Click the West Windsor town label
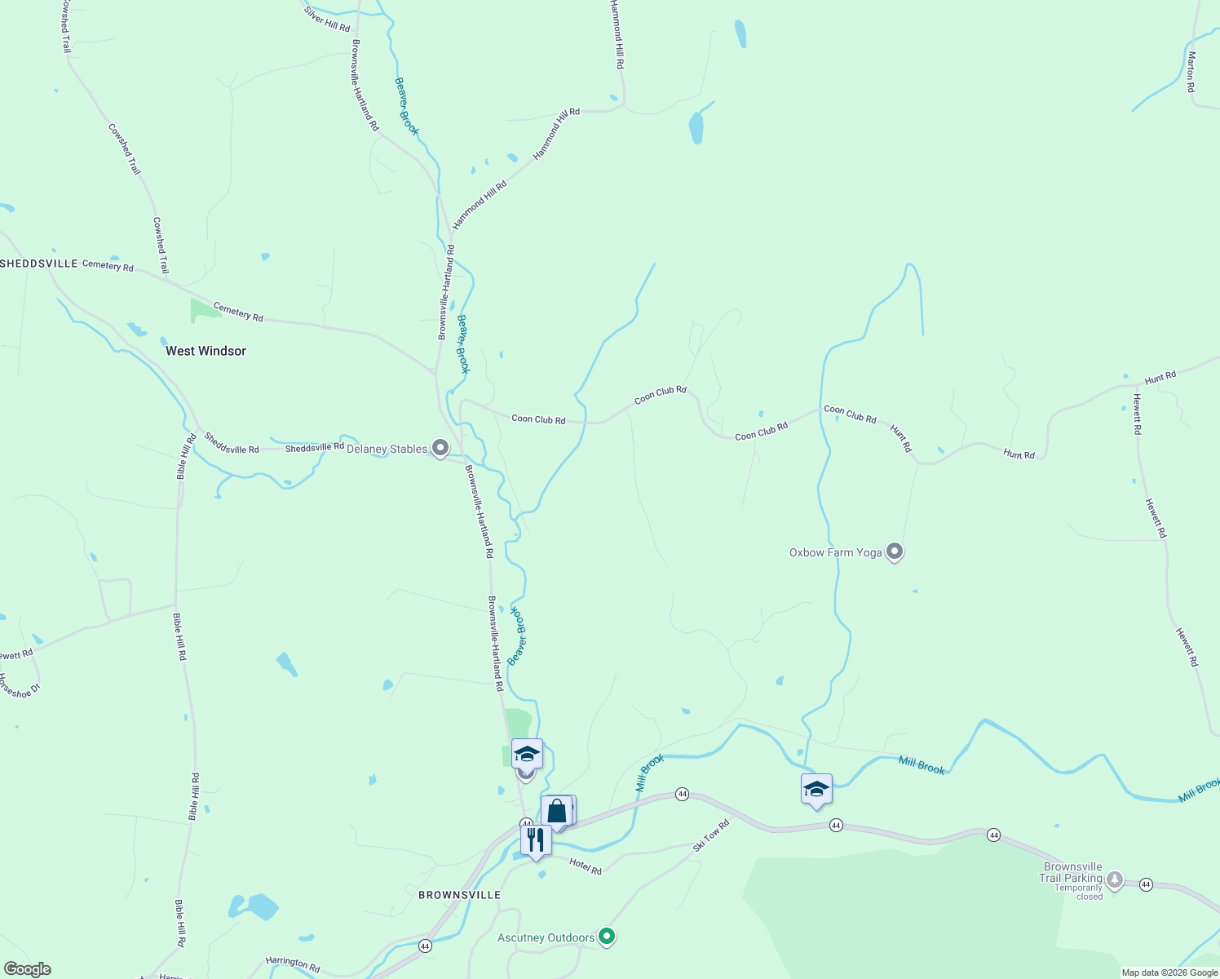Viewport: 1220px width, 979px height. (206, 351)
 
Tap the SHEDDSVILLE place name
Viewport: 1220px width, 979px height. (39, 264)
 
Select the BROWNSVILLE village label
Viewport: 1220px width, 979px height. (459, 895)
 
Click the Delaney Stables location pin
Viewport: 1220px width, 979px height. (440, 447)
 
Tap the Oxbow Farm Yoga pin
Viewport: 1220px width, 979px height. (895, 552)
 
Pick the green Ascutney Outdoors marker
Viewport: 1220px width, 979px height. (606, 936)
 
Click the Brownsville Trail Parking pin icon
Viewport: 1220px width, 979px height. (1114, 879)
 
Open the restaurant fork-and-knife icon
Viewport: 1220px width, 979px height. (536, 840)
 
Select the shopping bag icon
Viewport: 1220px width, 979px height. (557, 812)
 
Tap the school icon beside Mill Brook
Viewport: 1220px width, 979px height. (816, 790)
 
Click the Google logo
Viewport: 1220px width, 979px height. (28, 969)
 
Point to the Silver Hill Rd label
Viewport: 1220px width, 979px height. (327, 19)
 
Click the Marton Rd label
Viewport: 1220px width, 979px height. (1191, 72)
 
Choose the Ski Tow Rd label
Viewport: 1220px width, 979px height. (711, 835)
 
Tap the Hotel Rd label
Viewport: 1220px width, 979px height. (586, 866)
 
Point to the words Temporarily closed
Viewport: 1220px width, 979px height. (1078, 893)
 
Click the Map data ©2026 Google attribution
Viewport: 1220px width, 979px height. (1169, 972)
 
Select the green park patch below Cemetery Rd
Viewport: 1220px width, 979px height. (204, 311)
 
